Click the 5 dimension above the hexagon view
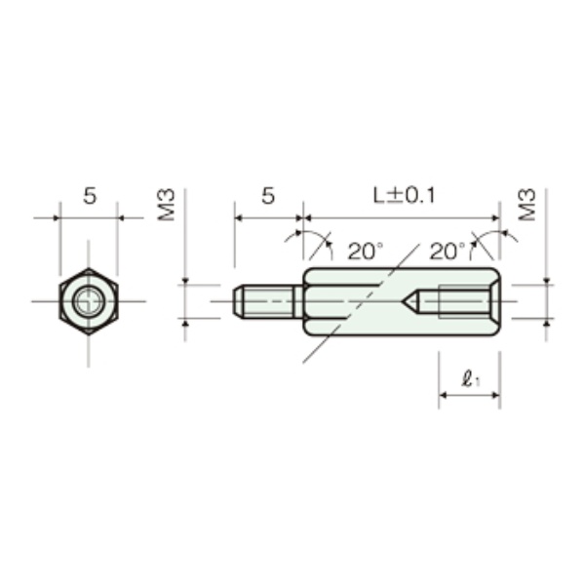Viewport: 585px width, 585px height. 90,196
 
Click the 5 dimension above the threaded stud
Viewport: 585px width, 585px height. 268,196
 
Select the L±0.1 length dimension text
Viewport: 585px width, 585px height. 405,196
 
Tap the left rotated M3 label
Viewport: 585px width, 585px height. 166,205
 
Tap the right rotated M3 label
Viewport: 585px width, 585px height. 526,205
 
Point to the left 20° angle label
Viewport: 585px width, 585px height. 366,252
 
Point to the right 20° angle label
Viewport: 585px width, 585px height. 448,252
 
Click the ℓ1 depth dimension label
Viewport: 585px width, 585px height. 470,379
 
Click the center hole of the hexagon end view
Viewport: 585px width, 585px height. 89,301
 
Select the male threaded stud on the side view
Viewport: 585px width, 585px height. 267,301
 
